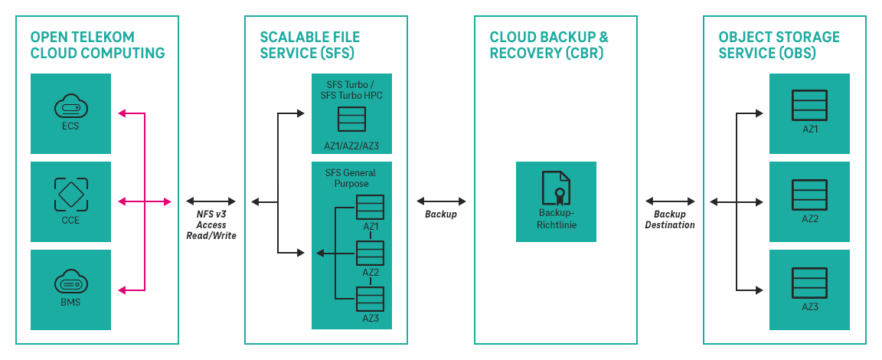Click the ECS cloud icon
tap(71, 106)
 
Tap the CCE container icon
tap(71, 194)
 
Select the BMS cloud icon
tap(71, 283)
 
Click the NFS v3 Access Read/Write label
tap(211, 225)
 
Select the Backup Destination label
tap(670, 220)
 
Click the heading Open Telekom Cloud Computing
tap(97, 45)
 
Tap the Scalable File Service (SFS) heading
tap(310, 45)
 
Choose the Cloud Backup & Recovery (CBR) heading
tap(549, 45)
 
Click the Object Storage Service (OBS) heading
tap(779, 45)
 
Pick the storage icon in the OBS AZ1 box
tap(809, 105)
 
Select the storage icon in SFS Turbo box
tap(351, 119)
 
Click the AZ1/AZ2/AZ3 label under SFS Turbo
tap(351, 146)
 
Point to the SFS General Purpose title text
tap(351, 178)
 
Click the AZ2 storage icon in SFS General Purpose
tap(371, 253)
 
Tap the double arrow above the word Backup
tap(441, 201)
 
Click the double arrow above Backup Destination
tap(670, 201)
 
